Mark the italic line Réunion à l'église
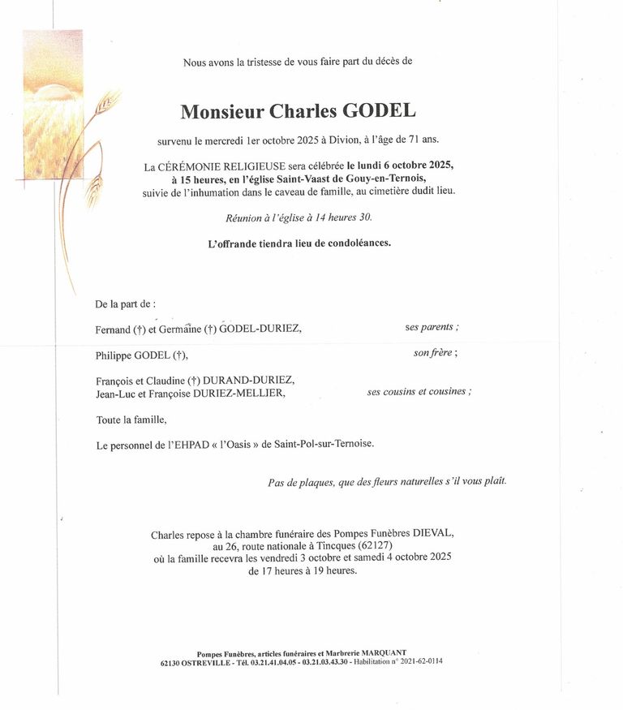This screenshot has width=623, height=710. (299, 217)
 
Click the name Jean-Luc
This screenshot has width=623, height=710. (115, 393)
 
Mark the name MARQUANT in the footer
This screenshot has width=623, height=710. (383, 652)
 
